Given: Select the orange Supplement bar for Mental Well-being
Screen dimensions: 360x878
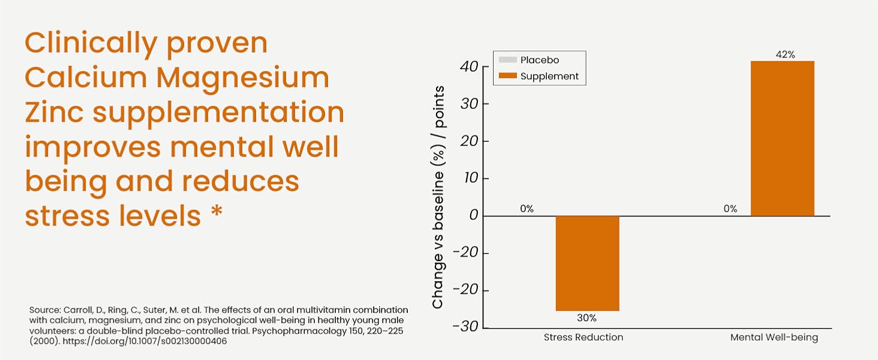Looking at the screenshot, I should [x=782, y=138].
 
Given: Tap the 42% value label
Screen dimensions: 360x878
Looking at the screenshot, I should [x=784, y=55].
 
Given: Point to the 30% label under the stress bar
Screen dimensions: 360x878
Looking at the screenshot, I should [x=587, y=317].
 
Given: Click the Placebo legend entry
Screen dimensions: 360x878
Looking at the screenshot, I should [x=539, y=60].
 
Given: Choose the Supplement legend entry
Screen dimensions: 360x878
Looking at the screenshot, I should [x=549, y=76].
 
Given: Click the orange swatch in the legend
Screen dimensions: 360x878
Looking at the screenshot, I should [x=507, y=76].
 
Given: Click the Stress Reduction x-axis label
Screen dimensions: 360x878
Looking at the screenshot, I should [x=583, y=337].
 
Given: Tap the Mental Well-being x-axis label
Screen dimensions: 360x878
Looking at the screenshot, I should [x=774, y=337].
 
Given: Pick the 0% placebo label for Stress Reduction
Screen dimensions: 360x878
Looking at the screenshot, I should [x=527, y=209].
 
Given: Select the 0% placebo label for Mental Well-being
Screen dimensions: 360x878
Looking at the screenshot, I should [x=730, y=209].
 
